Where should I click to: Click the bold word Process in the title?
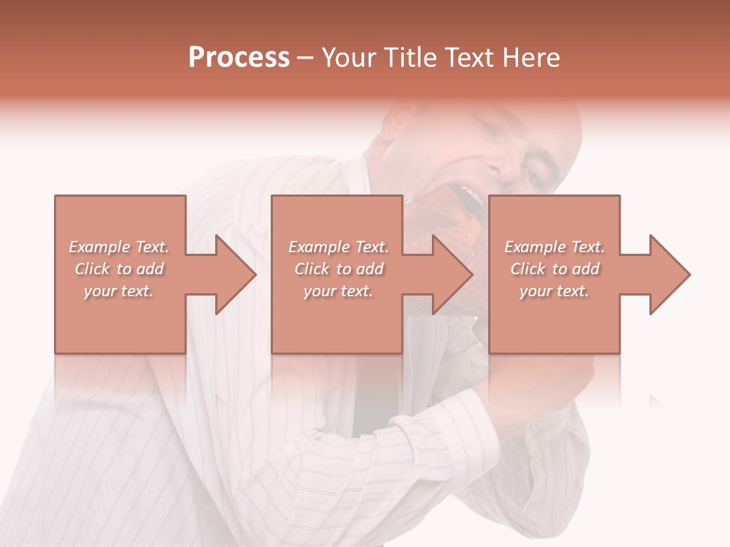pos(239,58)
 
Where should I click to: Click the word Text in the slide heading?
pos(466,58)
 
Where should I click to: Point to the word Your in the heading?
pos(348,58)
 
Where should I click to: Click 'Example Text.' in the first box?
pos(119,247)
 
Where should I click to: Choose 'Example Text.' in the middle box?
pos(338,247)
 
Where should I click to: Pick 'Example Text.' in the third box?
pos(554,247)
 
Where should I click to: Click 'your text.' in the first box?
pos(119,291)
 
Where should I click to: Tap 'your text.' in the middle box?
pos(338,291)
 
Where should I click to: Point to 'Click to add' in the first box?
pos(119,269)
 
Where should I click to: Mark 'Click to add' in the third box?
pos(554,269)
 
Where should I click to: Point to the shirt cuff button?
pos(537,425)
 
